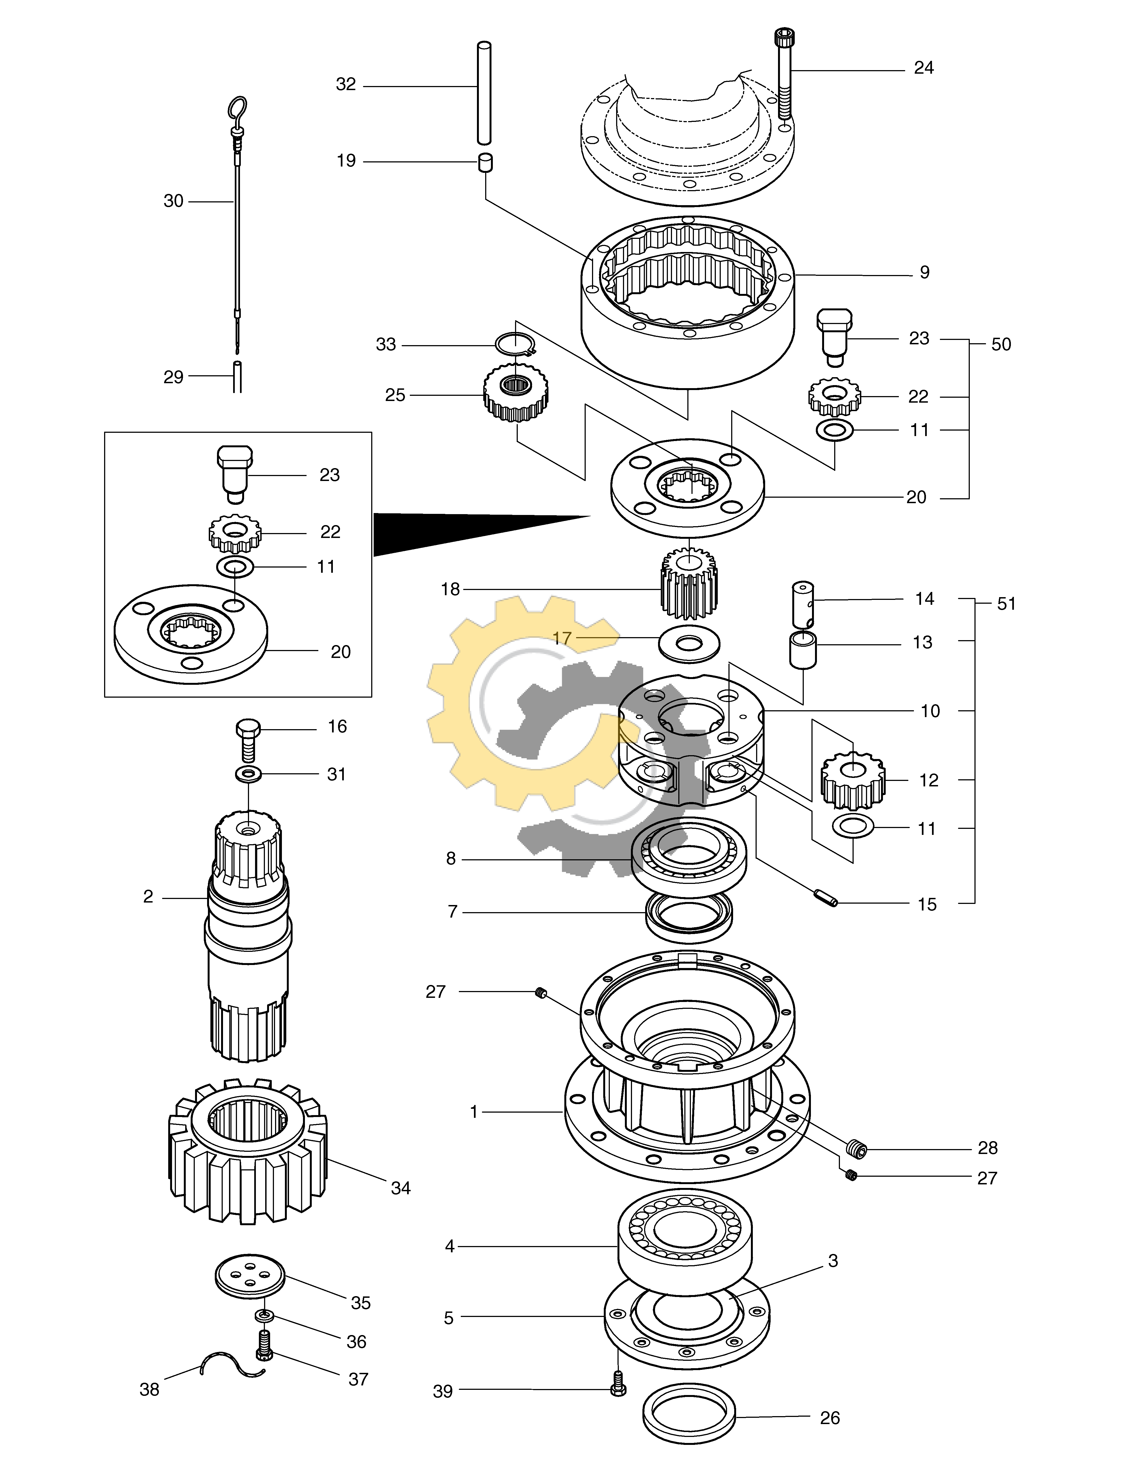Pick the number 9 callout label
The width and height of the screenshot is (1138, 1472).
click(924, 272)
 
